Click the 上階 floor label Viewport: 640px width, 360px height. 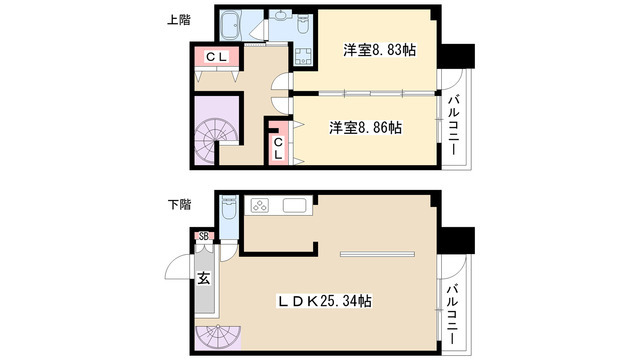point(179,20)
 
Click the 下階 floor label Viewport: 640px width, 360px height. point(179,204)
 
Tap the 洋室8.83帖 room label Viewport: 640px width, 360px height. point(380,50)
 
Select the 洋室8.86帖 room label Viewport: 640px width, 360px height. point(366,128)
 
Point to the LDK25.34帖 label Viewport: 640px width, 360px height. point(325,301)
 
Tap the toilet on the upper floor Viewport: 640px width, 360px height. point(303,24)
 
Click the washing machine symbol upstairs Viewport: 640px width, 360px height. point(303,57)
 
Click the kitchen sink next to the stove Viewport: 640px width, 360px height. point(295,205)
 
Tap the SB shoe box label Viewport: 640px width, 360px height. point(204,236)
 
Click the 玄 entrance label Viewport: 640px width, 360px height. point(204,278)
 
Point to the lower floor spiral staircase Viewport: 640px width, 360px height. point(218,337)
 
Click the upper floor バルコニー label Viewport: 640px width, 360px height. point(453,125)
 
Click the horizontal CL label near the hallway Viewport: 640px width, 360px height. point(216,57)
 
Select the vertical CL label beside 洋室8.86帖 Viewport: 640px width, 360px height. point(278,149)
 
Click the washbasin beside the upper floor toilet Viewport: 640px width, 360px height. point(282,16)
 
